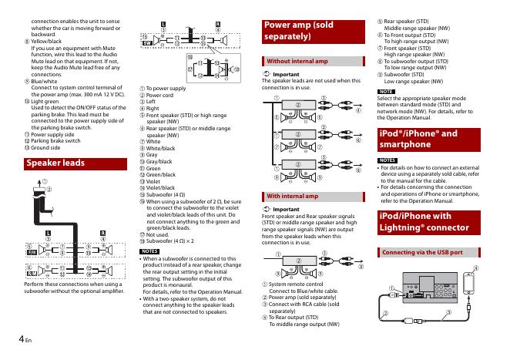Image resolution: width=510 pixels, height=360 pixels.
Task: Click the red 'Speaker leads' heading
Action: [x=56, y=163]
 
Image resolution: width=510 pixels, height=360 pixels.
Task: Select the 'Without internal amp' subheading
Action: [x=297, y=60]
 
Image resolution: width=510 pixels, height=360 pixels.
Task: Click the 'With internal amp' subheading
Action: [x=291, y=197]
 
